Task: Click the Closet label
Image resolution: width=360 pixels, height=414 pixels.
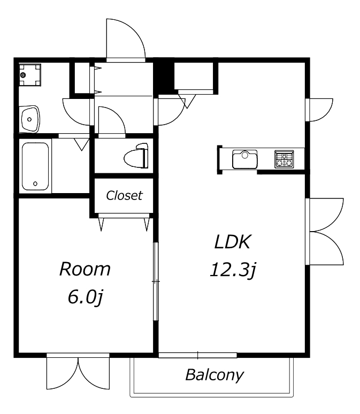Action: [x=124, y=195]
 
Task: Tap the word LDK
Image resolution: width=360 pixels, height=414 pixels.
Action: [x=232, y=242]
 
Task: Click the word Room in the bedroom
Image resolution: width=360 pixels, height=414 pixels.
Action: [x=85, y=269]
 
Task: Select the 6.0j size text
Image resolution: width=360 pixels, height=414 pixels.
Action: [x=85, y=297]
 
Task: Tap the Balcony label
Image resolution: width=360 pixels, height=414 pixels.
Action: [x=214, y=375]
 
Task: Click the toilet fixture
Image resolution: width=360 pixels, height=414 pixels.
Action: [x=136, y=156]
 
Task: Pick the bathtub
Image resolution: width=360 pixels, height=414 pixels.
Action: [x=35, y=166]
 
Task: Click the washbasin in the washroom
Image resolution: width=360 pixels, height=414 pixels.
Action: [x=30, y=119]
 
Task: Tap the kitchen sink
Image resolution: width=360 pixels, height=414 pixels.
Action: [x=245, y=159]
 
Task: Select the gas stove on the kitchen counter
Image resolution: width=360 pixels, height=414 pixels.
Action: [x=284, y=159]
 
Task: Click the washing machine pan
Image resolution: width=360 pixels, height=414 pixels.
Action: [x=30, y=75]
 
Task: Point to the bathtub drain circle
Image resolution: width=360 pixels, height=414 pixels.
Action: [x=35, y=184]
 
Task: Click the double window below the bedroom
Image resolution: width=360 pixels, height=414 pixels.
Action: [x=78, y=371]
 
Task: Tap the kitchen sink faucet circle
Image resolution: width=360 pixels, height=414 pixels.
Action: [x=245, y=156]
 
